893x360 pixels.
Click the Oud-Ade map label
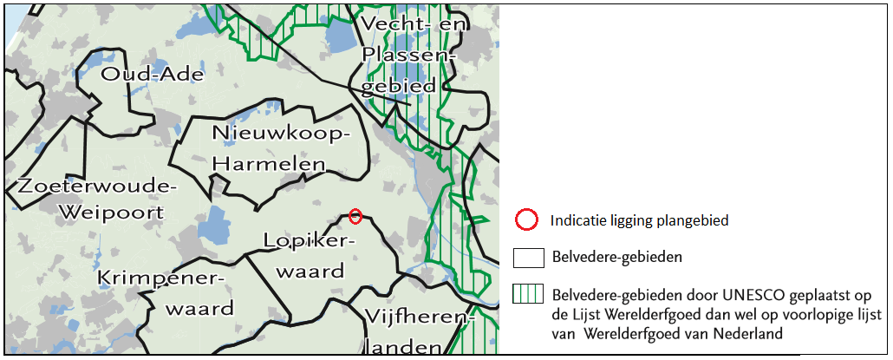pos(153,74)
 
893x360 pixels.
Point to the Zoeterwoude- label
pos(96,187)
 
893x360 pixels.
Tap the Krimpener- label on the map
pos(161,278)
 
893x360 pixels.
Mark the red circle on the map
pos(355,215)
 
